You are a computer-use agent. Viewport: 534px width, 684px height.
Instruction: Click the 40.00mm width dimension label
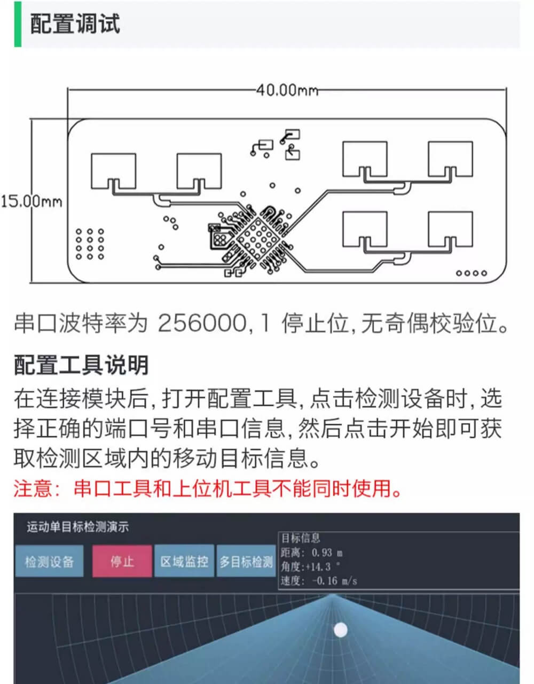(x=287, y=91)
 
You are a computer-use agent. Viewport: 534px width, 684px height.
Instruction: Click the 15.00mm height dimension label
(x=32, y=201)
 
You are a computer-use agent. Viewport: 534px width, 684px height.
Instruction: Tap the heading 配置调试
(x=75, y=24)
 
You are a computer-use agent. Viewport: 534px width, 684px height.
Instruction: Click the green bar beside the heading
(x=18, y=24)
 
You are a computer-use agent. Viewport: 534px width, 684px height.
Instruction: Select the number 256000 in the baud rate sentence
(x=202, y=323)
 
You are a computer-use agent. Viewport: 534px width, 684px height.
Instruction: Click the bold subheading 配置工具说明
(x=81, y=365)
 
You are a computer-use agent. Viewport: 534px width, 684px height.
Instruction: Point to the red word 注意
(x=33, y=488)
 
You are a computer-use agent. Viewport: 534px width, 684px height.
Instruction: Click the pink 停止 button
(x=122, y=561)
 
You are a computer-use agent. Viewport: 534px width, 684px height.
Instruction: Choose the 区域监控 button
(x=184, y=561)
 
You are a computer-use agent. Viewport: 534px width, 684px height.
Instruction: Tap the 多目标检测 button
(x=246, y=561)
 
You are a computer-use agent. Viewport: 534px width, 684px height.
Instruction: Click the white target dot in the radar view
(x=340, y=630)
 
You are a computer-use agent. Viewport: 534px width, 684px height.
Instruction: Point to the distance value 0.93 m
(x=327, y=553)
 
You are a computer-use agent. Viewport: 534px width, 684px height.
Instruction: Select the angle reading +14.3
(x=318, y=567)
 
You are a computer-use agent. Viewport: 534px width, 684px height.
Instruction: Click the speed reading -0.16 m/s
(x=335, y=581)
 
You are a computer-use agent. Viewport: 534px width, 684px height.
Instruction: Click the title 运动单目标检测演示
(x=77, y=527)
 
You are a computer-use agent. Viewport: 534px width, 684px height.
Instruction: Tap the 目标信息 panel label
(x=300, y=538)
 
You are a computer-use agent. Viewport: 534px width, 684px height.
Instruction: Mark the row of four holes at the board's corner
(x=472, y=273)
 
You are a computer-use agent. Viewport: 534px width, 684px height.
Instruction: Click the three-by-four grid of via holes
(x=90, y=244)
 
